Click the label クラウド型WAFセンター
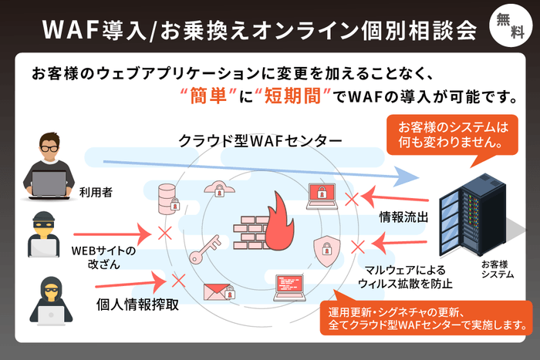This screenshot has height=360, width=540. pos(248,142)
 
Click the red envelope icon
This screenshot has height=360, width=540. pos(218,291)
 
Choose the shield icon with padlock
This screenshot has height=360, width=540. pos(326,249)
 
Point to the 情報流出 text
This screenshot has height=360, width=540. pos(402,218)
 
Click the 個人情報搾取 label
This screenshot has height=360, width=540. pos(138,303)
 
